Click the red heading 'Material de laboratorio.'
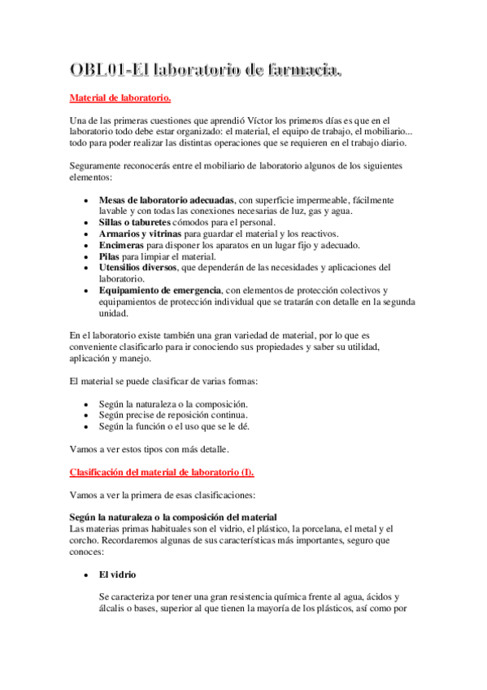pos(120,98)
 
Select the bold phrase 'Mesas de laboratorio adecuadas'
pos(167,199)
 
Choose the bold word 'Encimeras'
pos(122,245)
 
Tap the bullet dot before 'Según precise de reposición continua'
pos(87,415)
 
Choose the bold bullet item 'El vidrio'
pos(119,574)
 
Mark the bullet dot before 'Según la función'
pos(87,426)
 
